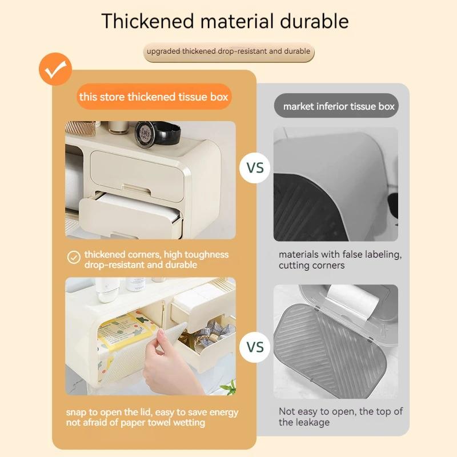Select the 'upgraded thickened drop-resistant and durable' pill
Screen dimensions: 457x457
[228, 51]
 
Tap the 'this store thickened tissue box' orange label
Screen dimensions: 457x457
[154, 97]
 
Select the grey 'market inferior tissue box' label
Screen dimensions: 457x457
[339, 106]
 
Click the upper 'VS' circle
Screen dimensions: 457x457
[255, 168]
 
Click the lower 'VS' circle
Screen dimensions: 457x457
[255, 347]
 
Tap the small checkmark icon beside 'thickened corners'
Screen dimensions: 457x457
[74, 257]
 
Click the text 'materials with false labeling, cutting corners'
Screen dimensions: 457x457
[340, 260]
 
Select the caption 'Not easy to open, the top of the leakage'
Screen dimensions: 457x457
[340, 416]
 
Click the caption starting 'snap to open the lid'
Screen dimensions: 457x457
[152, 417]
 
